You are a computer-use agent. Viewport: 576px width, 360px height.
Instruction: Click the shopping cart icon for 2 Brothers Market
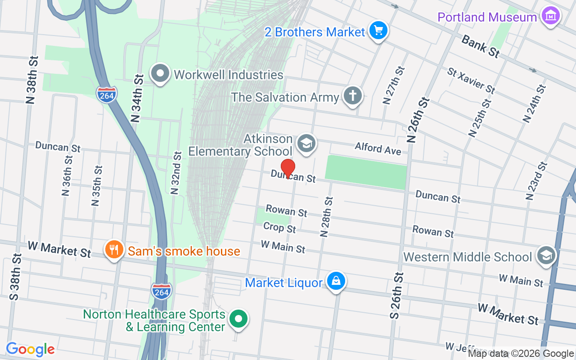click(378, 31)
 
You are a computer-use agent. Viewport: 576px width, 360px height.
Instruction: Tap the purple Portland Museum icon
click(550, 16)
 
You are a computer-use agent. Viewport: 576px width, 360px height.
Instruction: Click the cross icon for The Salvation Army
click(353, 96)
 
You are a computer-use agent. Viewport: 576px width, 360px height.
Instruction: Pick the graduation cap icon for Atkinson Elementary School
click(306, 144)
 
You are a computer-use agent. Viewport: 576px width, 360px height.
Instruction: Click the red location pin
click(288, 168)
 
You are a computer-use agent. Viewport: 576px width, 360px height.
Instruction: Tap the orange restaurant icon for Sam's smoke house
click(114, 249)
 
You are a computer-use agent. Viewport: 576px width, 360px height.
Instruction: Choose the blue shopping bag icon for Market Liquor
click(336, 281)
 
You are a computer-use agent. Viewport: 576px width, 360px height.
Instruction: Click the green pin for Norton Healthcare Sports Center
click(238, 319)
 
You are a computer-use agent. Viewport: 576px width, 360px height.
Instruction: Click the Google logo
click(31, 349)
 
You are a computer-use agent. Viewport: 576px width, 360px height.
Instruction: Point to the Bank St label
click(481, 46)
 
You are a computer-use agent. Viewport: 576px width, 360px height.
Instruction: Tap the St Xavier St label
click(471, 81)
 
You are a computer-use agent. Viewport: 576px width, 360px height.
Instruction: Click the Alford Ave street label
click(378, 148)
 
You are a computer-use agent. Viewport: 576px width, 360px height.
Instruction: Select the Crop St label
click(279, 228)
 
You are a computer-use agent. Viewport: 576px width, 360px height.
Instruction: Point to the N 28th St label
click(326, 216)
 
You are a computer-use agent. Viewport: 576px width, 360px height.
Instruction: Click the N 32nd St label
click(176, 172)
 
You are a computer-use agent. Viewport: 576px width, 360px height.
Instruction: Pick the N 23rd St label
click(536, 180)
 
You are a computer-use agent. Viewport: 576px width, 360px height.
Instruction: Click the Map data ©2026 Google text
click(521, 354)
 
